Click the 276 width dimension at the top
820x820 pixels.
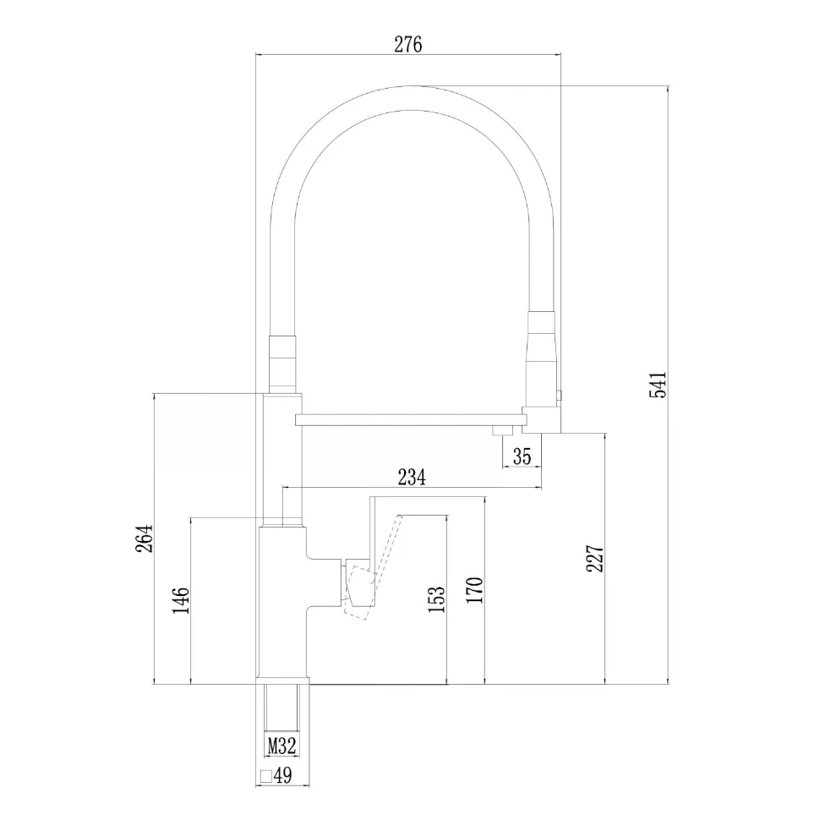[408, 45]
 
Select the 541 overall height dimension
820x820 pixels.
[658, 385]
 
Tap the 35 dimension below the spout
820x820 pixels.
[522, 456]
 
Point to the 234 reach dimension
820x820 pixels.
[412, 477]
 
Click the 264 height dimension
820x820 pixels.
[144, 538]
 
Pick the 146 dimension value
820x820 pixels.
[181, 600]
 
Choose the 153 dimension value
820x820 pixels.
[437, 599]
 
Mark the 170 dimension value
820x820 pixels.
[474, 590]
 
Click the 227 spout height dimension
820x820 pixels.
[594, 558]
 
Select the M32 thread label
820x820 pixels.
[282, 746]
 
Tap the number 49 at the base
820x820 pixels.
[283, 775]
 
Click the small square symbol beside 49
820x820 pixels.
[266, 775]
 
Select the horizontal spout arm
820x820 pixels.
[411, 419]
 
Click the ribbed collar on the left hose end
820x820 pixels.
[282, 364]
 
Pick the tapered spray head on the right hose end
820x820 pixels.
[542, 358]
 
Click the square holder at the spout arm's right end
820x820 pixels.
[541, 419]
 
